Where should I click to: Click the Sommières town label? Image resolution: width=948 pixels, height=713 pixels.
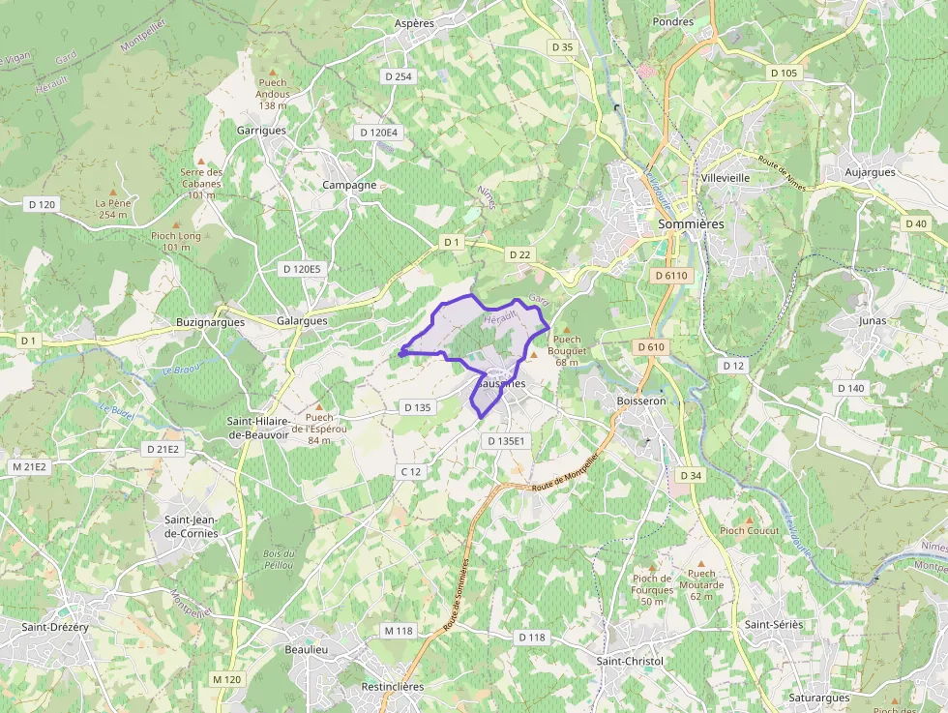pos(690,223)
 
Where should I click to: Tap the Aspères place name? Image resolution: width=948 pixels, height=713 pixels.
pos(414,22)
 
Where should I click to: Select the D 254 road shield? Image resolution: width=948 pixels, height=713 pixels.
pos(397,76)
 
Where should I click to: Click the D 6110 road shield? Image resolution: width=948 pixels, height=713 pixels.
pos(669,276)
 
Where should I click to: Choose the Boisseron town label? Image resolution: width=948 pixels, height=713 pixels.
pos(641,400)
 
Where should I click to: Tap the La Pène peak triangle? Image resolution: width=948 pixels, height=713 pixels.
pos(113,192)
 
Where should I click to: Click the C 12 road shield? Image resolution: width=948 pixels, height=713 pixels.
pos(410,471)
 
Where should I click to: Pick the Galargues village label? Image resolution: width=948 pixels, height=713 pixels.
pos(302,321)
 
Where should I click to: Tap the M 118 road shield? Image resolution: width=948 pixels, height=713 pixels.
pos(398,631)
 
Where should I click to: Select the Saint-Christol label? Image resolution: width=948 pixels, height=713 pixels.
pos(630,661)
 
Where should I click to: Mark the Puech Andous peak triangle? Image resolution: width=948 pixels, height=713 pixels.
pos(273,73)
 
